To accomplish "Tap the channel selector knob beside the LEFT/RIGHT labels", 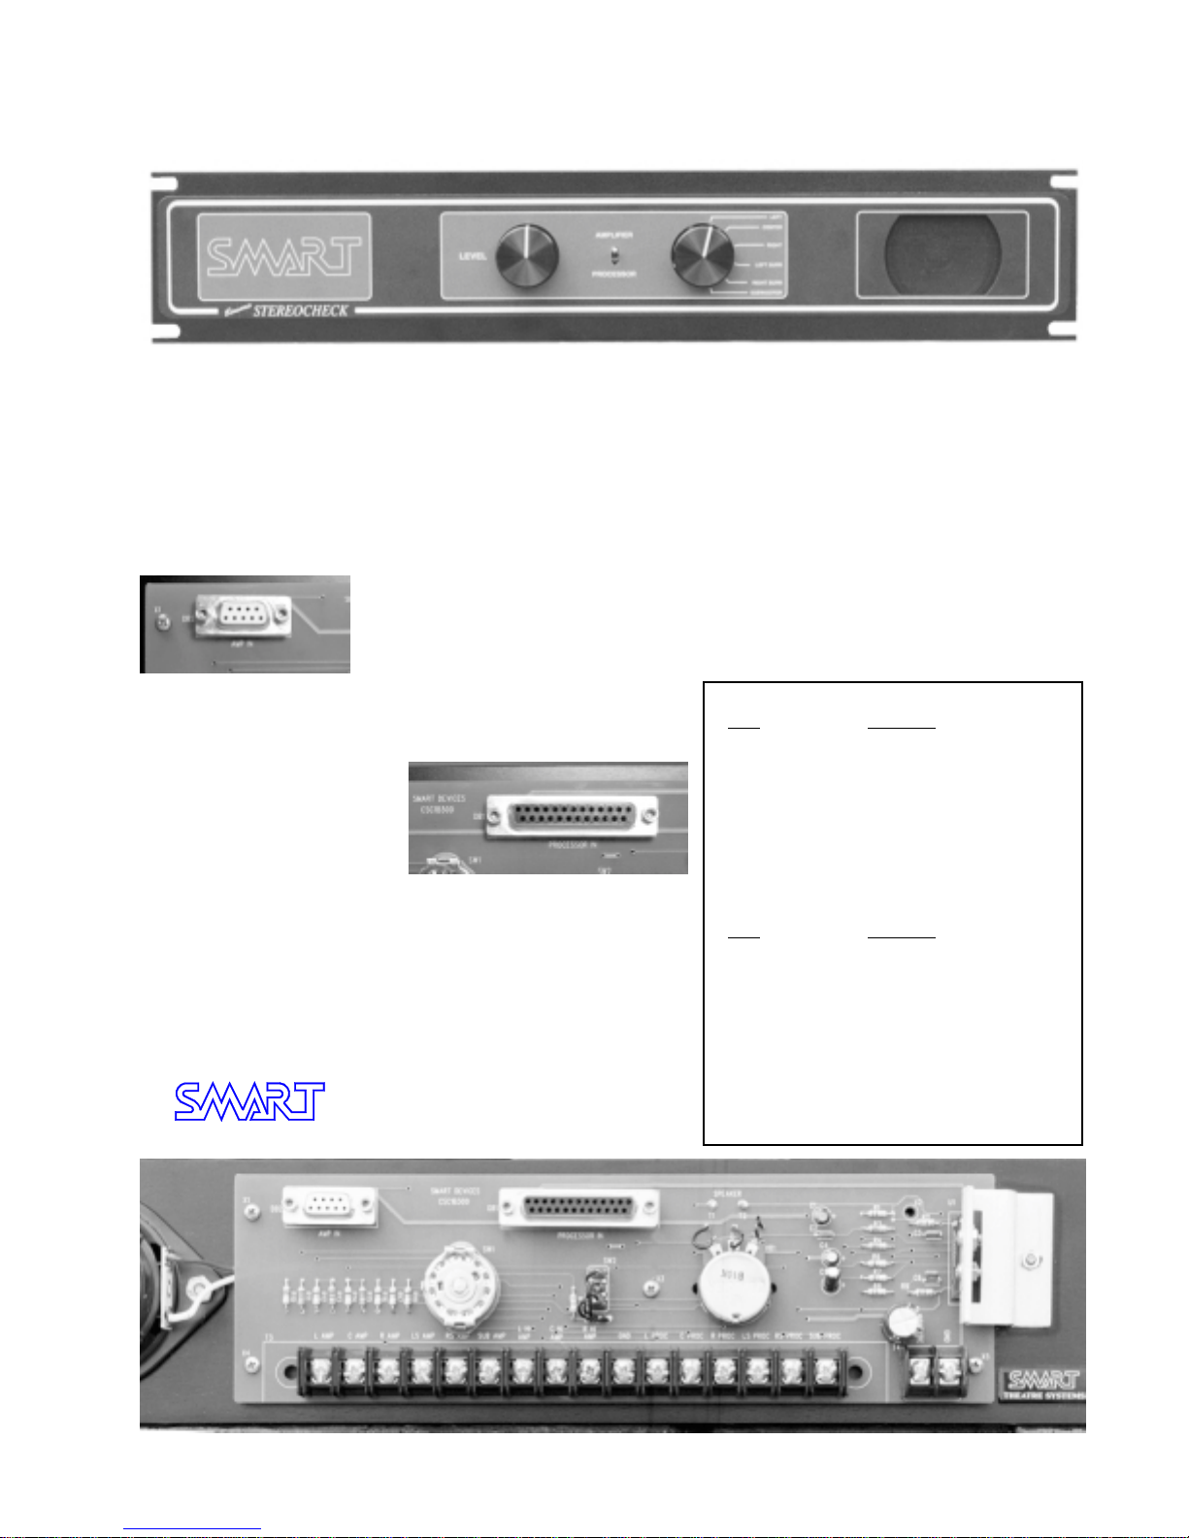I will click(x=703, y=255).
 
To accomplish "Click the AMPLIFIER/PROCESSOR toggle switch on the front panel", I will click(x=613, y=256).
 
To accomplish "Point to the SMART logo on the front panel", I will click(x=283, y=256).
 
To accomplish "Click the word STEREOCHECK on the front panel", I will click(x=300, y=311).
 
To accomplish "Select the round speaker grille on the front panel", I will click(x=941, y=253).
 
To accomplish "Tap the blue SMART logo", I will click(x=249, y=1101).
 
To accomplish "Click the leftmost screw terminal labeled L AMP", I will click(x=316, y=1371).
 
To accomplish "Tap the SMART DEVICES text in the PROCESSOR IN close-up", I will click(x=439, y=802).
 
